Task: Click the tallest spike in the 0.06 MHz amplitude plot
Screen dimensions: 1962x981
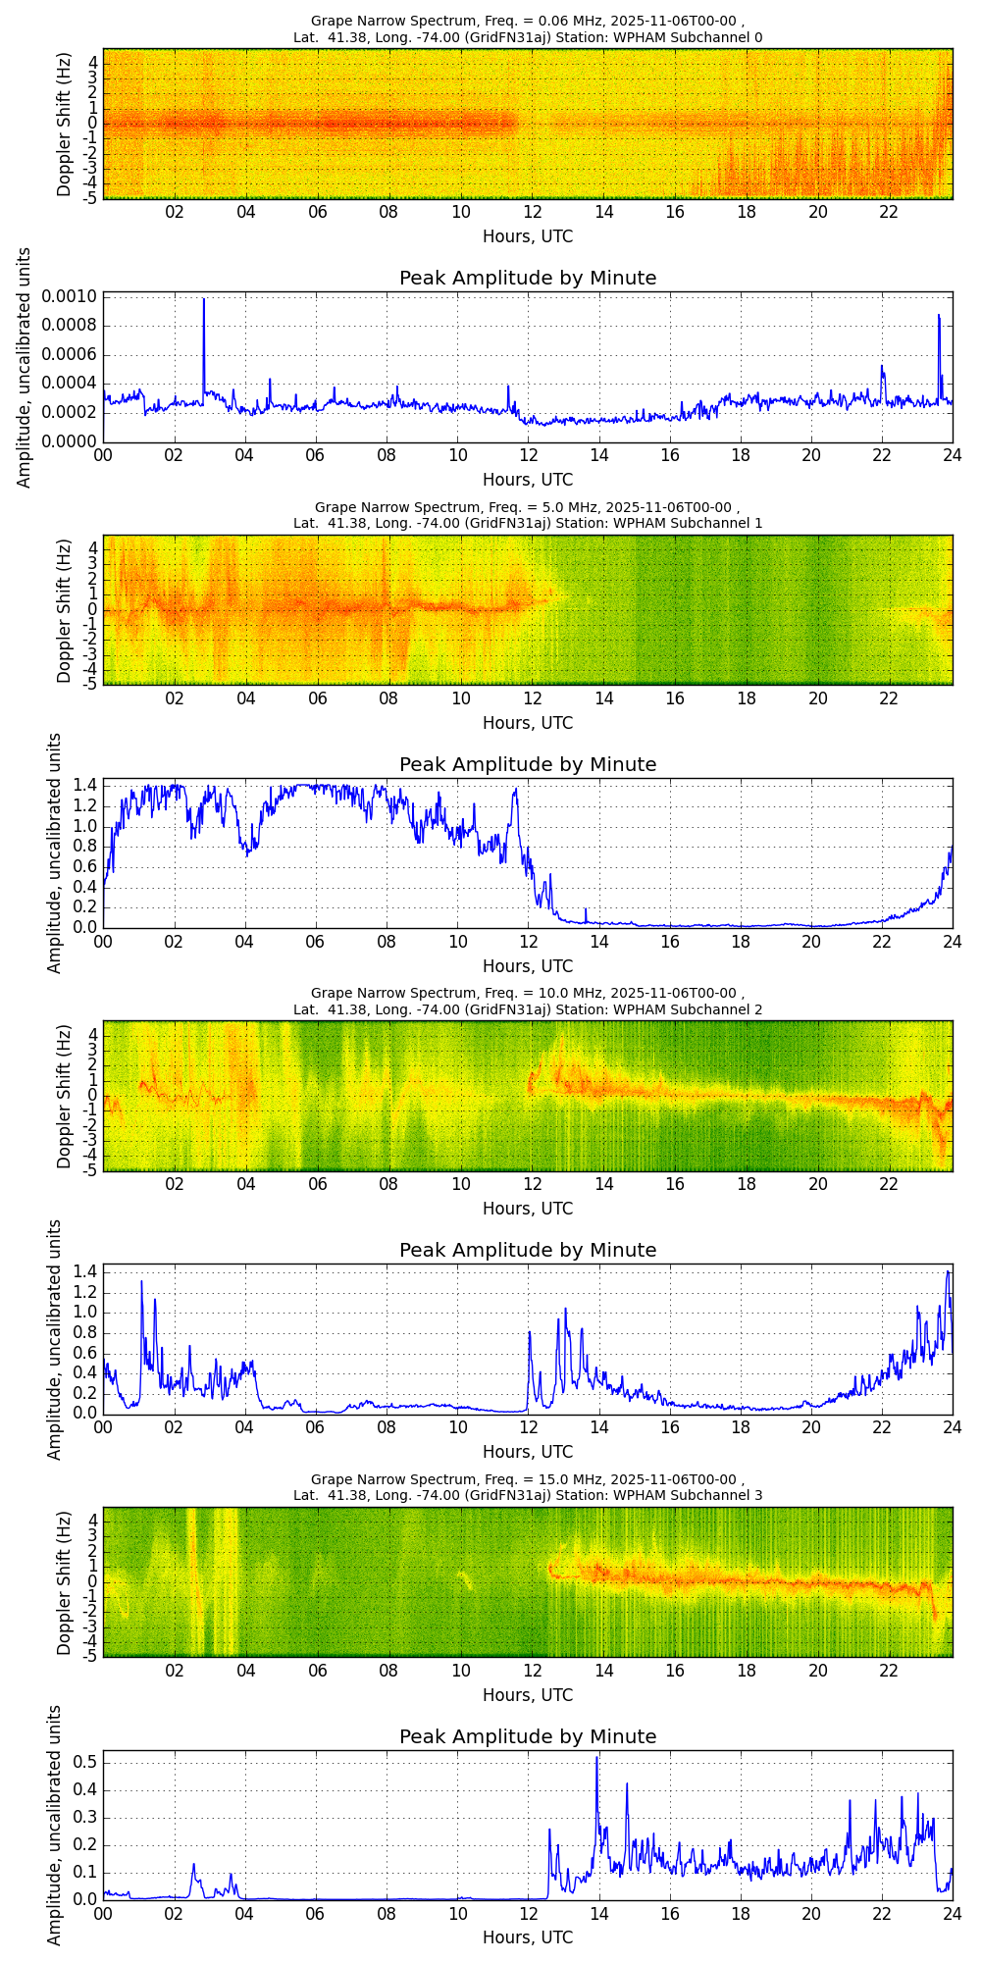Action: click(x=204, y=300)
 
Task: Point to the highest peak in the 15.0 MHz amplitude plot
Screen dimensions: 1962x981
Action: click(x=596, y=1758)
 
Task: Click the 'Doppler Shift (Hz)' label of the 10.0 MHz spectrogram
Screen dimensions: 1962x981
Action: click(x=65, y=1096)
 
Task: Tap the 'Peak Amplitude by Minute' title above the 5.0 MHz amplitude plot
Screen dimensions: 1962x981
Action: click(x=528, y=764)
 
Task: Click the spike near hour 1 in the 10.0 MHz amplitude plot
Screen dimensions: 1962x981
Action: click(x=141, y=1282)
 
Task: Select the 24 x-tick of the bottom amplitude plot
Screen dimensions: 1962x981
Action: click(x=952, y=1913)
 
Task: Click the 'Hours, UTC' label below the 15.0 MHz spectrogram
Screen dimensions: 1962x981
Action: click(x=528, y=1694)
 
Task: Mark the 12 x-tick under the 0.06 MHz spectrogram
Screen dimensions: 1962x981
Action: click(x=532, y=212)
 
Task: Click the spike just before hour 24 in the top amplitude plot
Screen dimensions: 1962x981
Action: click(x=938, y=316)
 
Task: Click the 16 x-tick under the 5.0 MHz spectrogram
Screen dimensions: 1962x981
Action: click(x=675, y=698)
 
